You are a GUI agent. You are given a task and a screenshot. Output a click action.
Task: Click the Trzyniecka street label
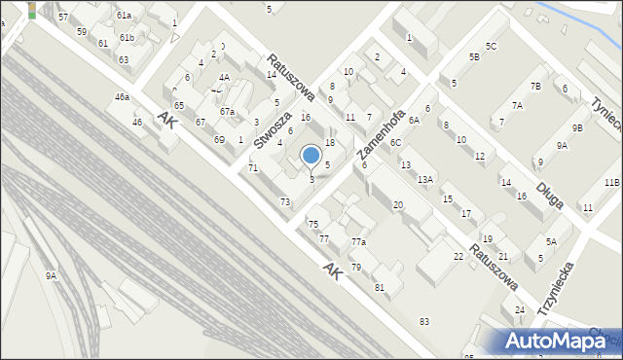point(556,289)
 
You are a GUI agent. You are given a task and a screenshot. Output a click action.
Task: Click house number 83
point(423,321)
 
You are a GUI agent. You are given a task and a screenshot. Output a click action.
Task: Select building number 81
point(380,287)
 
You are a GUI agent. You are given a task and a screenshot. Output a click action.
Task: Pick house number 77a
point(359,241)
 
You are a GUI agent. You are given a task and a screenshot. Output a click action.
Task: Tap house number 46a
point(122,97)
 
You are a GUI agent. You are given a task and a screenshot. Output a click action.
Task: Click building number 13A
point(425,180)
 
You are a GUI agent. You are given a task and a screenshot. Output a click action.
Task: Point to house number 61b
point(127,37)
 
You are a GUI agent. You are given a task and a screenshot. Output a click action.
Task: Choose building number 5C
point(492,46)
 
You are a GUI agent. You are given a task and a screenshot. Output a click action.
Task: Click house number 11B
point(611,182)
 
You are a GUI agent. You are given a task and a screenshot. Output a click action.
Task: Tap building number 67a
point(227,112)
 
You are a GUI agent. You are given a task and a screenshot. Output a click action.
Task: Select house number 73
point(285,201)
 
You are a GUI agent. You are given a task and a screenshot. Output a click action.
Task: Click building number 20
point(398,205)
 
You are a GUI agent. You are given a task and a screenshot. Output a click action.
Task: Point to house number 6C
point(395,143)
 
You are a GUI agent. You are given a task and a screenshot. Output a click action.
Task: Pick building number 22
point(458,256)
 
